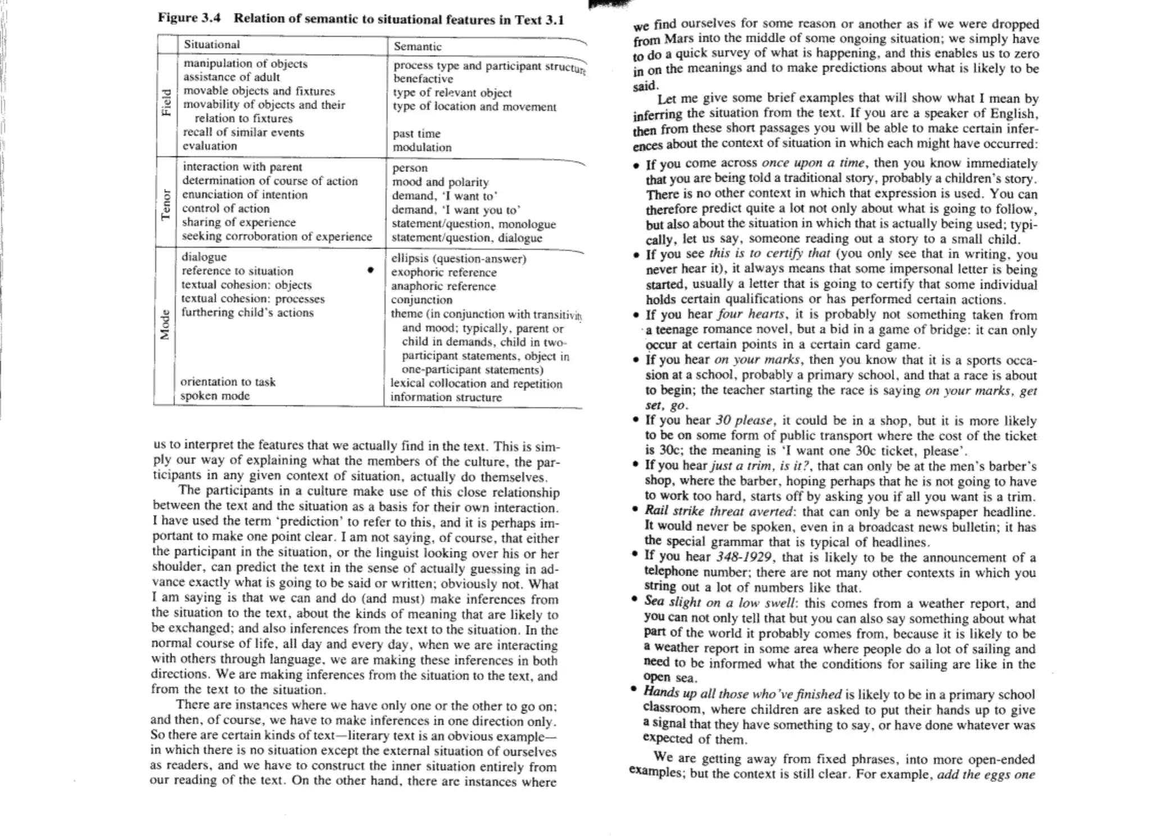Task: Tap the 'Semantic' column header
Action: [417, 47]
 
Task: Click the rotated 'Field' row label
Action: [166, 102]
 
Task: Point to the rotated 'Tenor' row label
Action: [166, 205]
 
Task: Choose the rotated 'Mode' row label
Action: [165, 325]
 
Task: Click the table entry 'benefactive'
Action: [423, 79]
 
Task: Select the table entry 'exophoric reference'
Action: [443, 273]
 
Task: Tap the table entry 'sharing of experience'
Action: [238, 223]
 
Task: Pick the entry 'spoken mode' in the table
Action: [215, 396]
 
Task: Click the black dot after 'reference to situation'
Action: [370, 270]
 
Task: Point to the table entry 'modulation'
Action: [422, 147]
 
